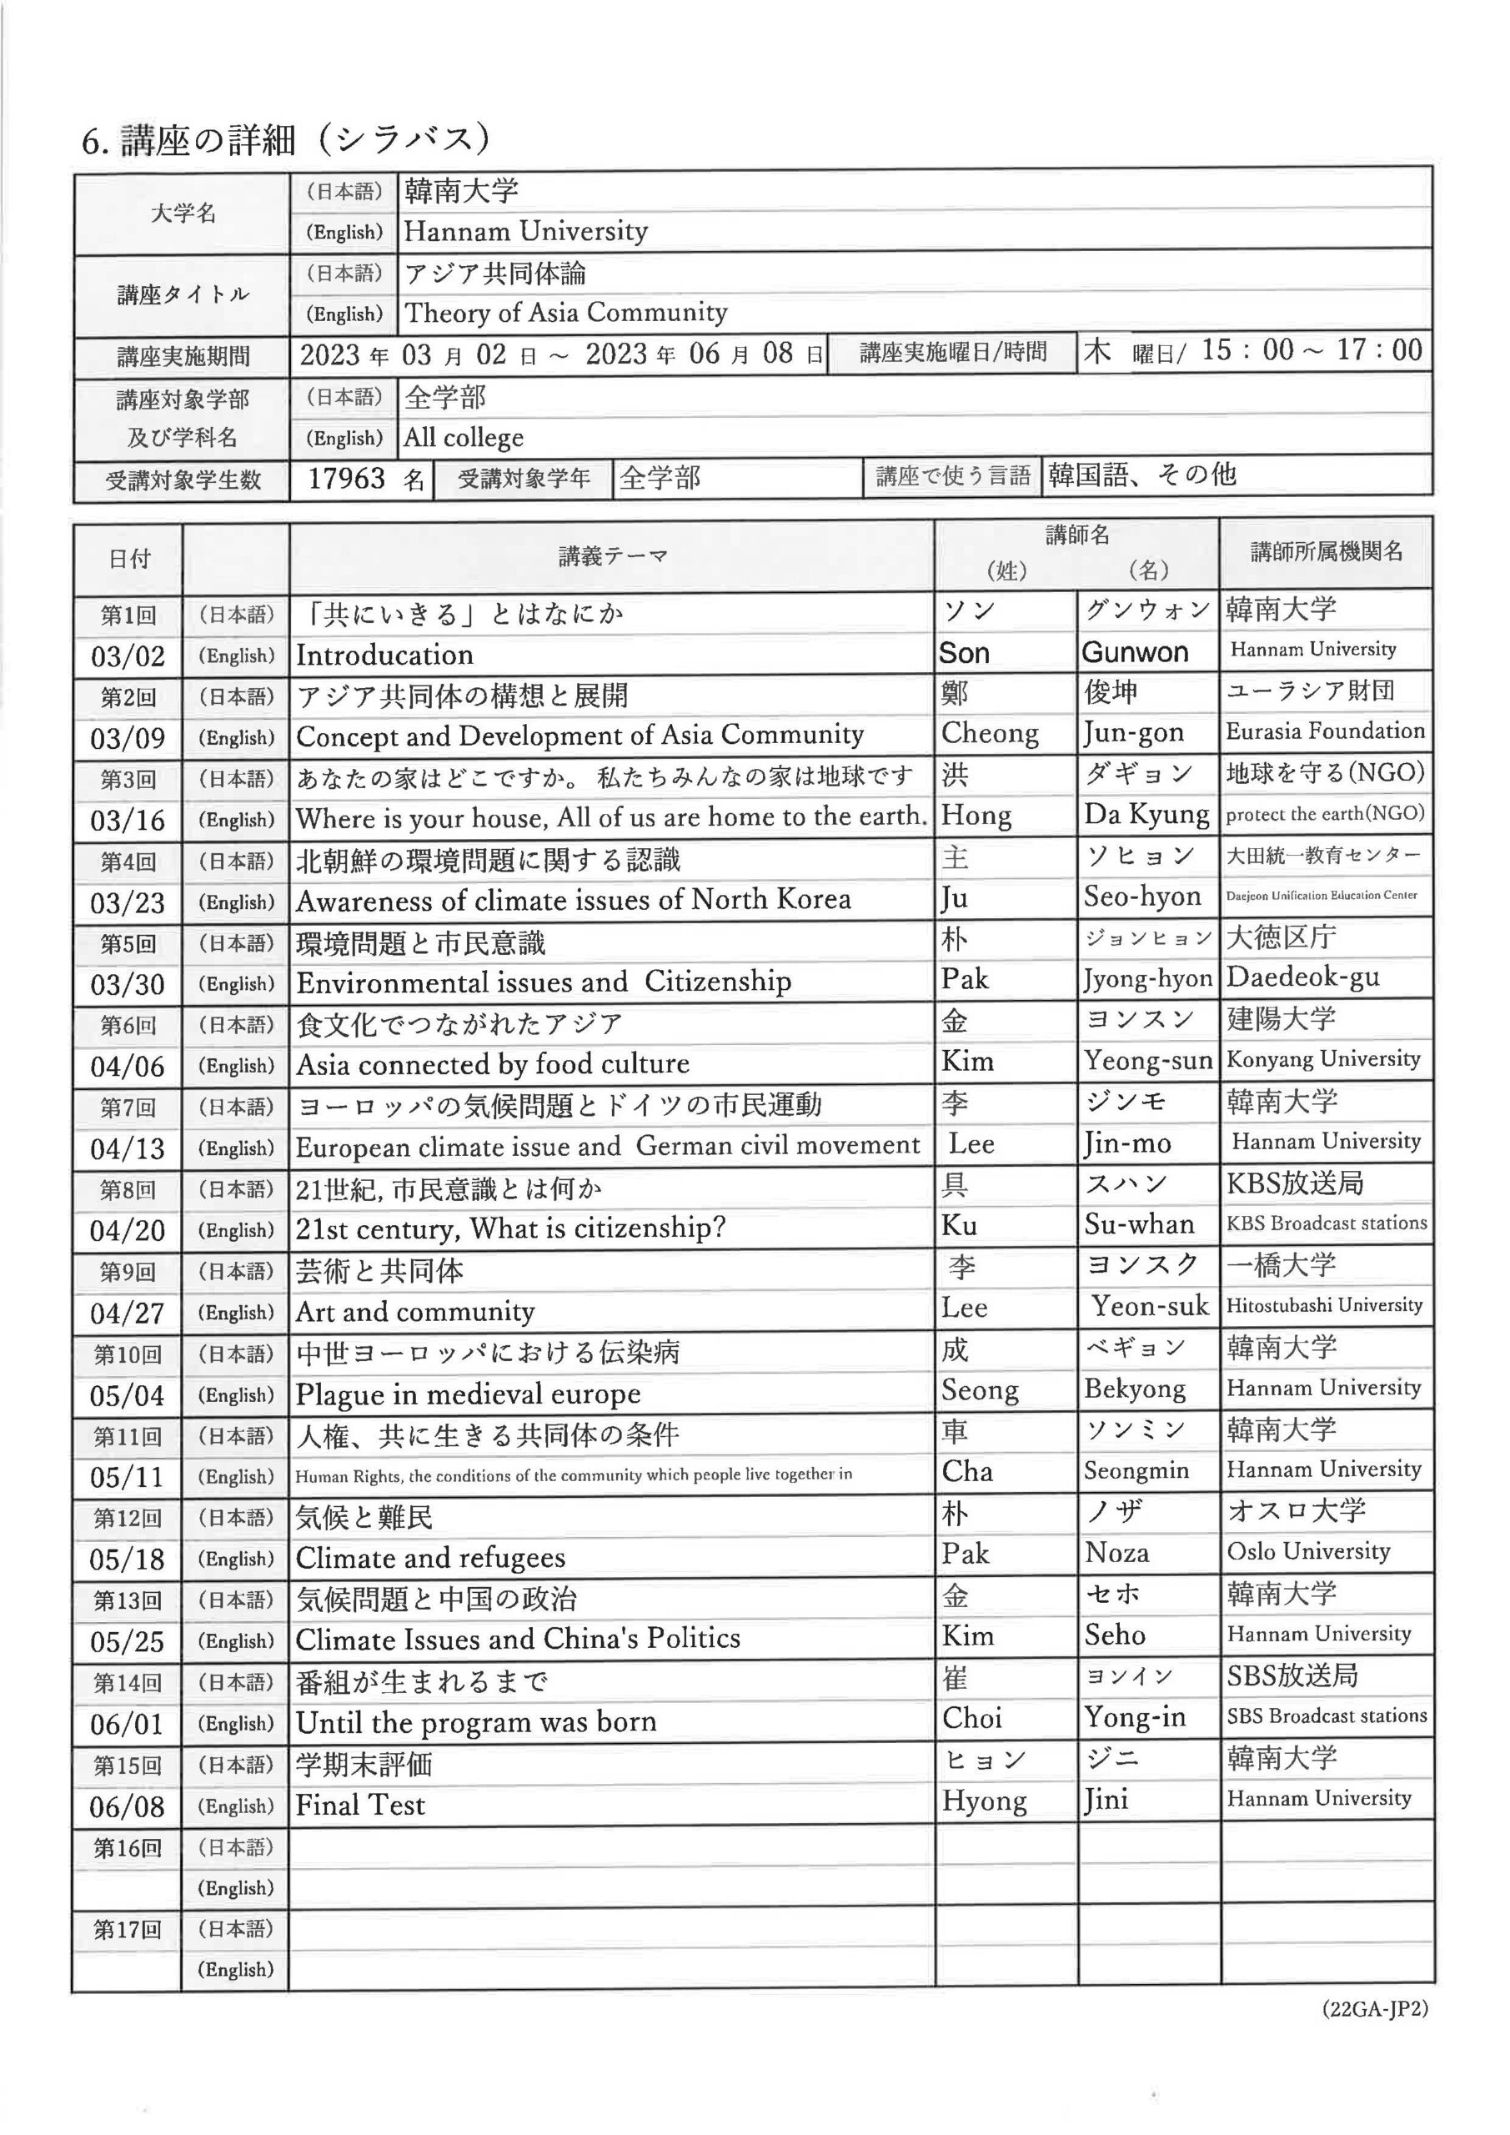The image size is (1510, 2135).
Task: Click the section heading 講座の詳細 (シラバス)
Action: (285, 140)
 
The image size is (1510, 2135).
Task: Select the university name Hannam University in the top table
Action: (525, 231)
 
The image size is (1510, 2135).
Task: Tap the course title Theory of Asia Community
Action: (565, 313)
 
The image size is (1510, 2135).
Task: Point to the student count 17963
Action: (346, 479)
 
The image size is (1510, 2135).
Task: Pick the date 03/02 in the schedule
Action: (128, 656)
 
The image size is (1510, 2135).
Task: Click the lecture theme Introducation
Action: (384, 655)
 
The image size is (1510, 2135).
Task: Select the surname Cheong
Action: (990, 734)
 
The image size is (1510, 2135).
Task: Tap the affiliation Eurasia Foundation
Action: (1325, 731)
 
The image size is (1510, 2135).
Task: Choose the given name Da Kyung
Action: (1146, 815)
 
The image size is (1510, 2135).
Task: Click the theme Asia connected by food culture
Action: (492, 1064)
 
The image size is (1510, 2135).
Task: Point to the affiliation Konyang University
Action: (1323, 1059)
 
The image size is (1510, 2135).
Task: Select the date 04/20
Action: (128, 1231)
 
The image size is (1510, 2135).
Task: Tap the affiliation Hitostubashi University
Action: (1324, 1305)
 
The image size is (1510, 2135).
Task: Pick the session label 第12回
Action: (128, 1520)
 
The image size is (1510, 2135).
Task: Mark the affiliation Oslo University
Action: (1308, 1551)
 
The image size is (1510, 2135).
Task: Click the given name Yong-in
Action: (1134, 1716)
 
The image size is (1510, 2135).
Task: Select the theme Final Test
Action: (360, 1805)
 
